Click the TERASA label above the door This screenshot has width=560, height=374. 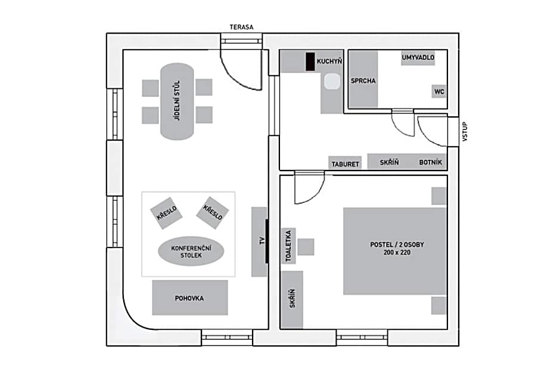tap(241, 27)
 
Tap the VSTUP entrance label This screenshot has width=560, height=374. tap(465, 132)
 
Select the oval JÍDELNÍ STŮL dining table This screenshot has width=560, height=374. tap(178, 101)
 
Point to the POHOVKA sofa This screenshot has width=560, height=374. tap(190, 298)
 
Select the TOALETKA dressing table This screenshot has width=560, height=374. tap(288, 246)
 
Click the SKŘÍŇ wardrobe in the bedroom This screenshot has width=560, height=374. tap(291, 298)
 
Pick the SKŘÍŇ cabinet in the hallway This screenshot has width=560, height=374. tap(388, 162)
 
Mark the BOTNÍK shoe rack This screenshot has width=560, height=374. tap(430, 162)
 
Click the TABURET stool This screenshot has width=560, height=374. tap(345, 163)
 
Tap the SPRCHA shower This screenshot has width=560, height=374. tap(363, 81)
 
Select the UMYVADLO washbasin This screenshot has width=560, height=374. tap(418, 58)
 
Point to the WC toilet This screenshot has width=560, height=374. tap(439, 91)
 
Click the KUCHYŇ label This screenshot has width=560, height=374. tap(329, 61)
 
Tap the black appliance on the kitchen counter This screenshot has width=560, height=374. tap(310, 61)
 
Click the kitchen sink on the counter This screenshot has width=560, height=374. tap(331, 82)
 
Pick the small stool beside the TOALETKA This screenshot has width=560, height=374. tap(306, 246)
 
